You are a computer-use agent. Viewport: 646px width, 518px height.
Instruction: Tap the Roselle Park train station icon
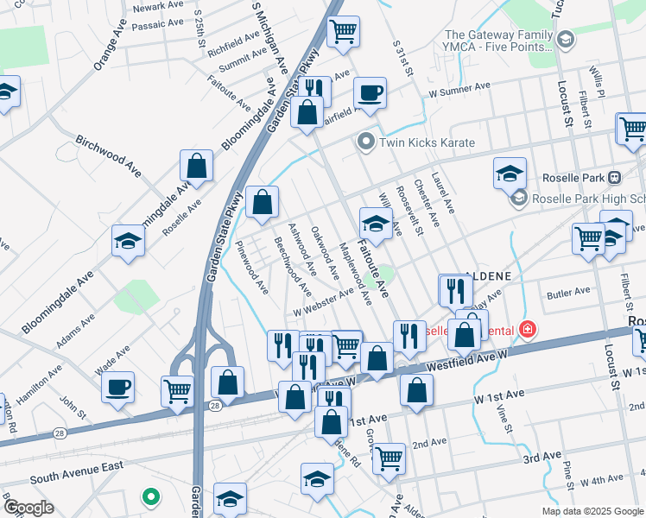coord(615,178)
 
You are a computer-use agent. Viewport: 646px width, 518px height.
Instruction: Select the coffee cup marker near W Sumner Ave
coord(369,94)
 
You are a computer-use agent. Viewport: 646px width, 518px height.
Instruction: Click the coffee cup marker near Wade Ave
coord(117,387)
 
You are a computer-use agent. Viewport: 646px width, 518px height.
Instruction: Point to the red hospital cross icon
coord(526,330)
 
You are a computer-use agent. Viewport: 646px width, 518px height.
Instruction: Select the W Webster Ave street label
coord(324,302)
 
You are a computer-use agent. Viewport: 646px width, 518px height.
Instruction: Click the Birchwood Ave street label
coord(107,152)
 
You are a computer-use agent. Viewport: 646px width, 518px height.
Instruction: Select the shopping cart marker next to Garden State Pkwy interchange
coord(177,390)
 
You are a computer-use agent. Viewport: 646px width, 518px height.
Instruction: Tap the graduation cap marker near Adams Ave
coord(128,241)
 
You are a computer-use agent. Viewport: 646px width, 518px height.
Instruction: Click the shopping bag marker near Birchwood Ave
coord(197,167)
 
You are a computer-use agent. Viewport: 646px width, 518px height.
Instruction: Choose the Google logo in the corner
coord(28,508)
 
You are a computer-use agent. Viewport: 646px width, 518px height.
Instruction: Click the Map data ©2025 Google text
coord(592,511)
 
